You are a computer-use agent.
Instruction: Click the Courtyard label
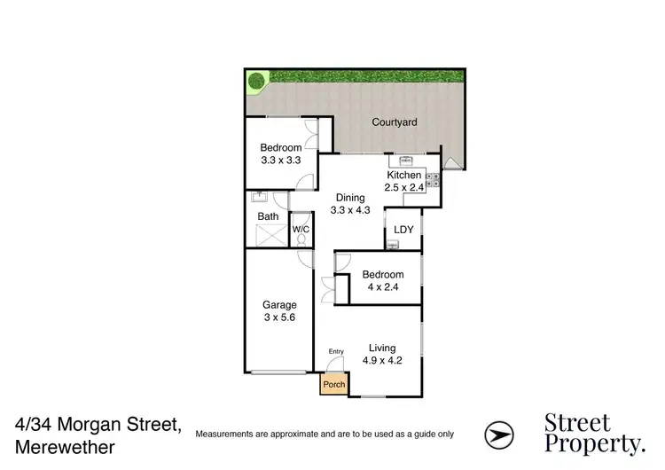coord(395,122)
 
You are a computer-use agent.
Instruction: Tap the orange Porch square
coord(333,385)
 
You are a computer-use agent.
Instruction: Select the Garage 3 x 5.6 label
coord(279,311)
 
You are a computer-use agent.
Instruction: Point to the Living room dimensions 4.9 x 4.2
coord(379,361)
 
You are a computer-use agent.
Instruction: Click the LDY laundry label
coord(404,230)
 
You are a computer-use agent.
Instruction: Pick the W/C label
coord(301,230)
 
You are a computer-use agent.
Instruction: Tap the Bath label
coord(268,216)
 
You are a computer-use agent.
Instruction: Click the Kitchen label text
coord(403,176)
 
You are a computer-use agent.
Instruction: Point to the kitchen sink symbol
coord(408,160)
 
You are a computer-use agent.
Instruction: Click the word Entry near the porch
coord(335,352)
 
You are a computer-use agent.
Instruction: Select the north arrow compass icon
coord(497,434)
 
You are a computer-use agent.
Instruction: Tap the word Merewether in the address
coord(64,448)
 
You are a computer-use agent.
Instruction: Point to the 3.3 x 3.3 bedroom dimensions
coord(280,161)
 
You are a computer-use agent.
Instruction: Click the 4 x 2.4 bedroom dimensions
coord(383,287)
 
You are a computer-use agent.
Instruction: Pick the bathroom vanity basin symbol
coord(261,198)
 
